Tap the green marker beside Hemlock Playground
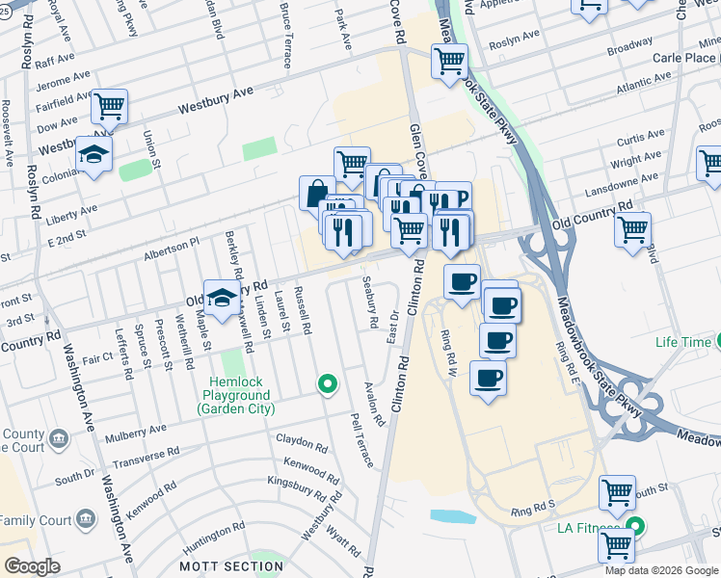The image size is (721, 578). coord(328,384)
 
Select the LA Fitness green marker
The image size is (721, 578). coord(635,527)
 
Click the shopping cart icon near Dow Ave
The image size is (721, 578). coord(110,105)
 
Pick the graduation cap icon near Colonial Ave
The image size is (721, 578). coord(93,155)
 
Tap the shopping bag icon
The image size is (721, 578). coord(317,193)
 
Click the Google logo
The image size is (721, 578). coord(33,565)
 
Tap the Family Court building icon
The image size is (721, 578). coord(86,520)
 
